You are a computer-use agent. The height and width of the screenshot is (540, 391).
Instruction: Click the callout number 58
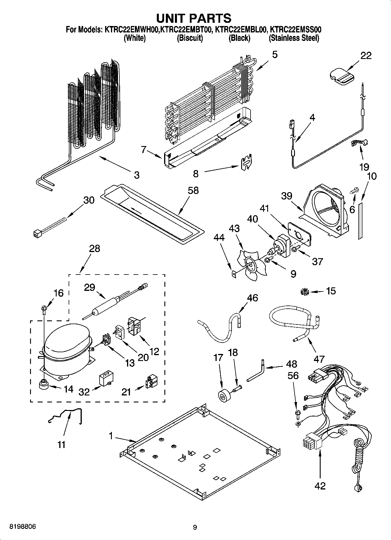coord(193,190)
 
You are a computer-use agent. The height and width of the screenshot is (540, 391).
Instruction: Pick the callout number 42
coord(320,486)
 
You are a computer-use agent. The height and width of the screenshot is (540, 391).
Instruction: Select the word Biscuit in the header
coord(190,38)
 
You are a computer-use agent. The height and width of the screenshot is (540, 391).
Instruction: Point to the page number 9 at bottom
coord(195,527)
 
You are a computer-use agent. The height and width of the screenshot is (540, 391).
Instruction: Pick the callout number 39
coord(286,196)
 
